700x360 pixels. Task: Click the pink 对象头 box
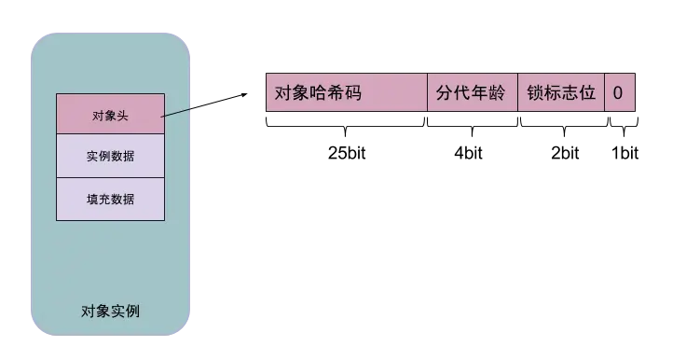click(110, 115)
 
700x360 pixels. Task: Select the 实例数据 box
click(110, 156)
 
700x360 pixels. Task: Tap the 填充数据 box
click(110, 199)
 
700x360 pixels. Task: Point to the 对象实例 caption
click(111, 311)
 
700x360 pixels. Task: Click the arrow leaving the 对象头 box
click(178, 112)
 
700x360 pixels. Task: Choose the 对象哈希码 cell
click(346, 93)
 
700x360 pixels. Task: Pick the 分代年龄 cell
click(472, 93)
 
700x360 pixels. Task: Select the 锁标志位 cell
click(560, 93)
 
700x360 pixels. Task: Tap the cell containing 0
click(619, 93)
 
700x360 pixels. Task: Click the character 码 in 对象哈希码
click(352, 93)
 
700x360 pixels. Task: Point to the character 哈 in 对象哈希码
click(318, 93)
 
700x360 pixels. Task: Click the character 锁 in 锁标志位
click(535, 93)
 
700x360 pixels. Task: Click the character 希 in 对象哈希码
click(335, 93)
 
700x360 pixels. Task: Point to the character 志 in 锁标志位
click(570, 93)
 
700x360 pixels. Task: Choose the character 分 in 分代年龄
click(446, 93)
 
